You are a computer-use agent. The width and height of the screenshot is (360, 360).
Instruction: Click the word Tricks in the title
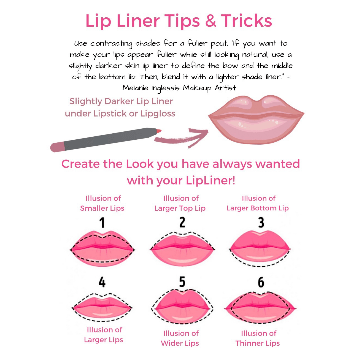pos(246,21)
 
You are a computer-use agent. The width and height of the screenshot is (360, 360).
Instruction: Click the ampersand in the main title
pos(211,21)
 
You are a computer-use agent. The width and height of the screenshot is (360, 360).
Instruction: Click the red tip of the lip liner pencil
pos(159,131)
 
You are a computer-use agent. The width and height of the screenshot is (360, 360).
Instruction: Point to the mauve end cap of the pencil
pos(57,147)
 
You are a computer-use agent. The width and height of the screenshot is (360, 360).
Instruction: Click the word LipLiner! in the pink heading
pos(211,180)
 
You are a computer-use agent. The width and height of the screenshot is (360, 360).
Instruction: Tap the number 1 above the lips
pos(102,222)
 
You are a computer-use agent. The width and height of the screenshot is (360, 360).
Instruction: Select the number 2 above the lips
pos(182,222)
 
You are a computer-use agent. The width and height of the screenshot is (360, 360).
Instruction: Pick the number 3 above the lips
pos(261,222)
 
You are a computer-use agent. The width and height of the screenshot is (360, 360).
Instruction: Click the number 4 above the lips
pos(102,282)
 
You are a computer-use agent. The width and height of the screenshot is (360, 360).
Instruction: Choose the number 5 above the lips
pos(182,282)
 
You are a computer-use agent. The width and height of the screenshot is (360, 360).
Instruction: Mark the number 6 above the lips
pos(261,282)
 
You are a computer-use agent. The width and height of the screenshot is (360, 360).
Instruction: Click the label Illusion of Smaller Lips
pos(102,203)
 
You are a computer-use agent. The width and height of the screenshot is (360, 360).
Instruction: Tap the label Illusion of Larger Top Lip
pos(180,203)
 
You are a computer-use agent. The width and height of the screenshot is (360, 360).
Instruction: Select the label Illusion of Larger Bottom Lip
pos(258,203)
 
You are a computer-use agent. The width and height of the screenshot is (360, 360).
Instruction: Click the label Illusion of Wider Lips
pos(180,338)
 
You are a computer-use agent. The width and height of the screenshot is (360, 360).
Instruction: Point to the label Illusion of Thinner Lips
pos(258,338)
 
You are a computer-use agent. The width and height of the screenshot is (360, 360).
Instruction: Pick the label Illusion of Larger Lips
pos(104,335)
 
